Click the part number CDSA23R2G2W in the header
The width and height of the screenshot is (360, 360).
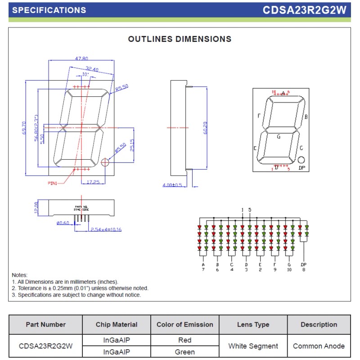click(x=305, y=10)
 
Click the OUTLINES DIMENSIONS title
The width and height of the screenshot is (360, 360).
click(x=180, y=39)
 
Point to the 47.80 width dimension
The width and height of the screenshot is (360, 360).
click(x=81, y=58)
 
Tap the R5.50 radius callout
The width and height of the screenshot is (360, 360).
click(x=121, y=88)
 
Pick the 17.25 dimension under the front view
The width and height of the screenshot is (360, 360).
click(x=93, y=182)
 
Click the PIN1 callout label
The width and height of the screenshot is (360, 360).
click(x=55, y=183)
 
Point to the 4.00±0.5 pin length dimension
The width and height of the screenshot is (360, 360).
click(x=172, y=185)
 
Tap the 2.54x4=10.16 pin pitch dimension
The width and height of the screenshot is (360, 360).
click(x=106, y=229)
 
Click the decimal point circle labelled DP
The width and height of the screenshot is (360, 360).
click(x=301, y=160)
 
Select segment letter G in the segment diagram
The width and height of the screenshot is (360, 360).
click(x=279, y=136)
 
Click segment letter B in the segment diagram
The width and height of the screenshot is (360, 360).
click(x=306, y=117)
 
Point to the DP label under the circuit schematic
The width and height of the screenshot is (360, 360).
click(x=303, y=265)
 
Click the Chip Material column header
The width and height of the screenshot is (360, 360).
click(x=117, y=324)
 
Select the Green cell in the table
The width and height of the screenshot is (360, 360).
click(x=184, y=352)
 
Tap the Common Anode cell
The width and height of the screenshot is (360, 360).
click(x=319, y=346)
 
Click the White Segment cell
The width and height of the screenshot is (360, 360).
click(x=253, y=346)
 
